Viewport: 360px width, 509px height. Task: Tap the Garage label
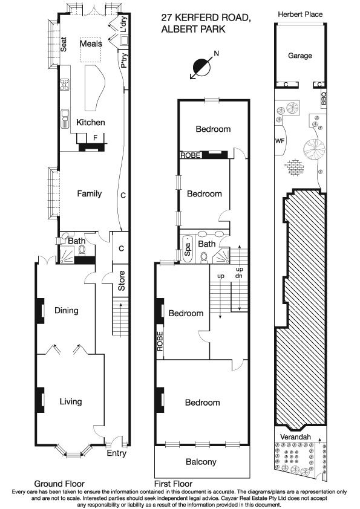299,56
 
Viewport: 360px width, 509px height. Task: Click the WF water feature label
280,140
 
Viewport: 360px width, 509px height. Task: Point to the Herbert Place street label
299,14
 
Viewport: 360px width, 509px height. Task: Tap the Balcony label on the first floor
200,462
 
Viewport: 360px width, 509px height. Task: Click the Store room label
122,284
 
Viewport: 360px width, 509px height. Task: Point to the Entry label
117,453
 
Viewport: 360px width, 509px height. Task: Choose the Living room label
70,401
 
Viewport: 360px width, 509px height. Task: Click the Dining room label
67,311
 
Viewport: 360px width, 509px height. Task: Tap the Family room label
89,193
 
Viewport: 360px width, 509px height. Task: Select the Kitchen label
90,122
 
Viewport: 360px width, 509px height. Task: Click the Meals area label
91,44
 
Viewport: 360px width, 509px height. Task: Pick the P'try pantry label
123,60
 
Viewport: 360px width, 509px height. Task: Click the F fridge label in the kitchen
94,138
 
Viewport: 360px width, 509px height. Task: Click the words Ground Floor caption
59,484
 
